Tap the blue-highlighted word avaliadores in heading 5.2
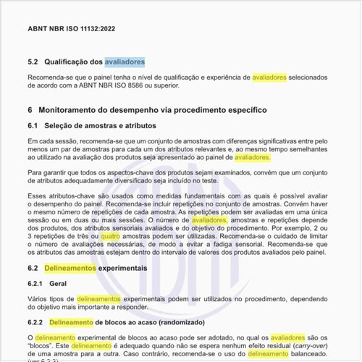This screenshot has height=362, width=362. [125, 62]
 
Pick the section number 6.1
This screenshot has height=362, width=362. [33, 126]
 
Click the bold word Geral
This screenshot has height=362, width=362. [59, 285]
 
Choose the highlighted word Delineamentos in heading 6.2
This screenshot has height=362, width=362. [71, 268]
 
